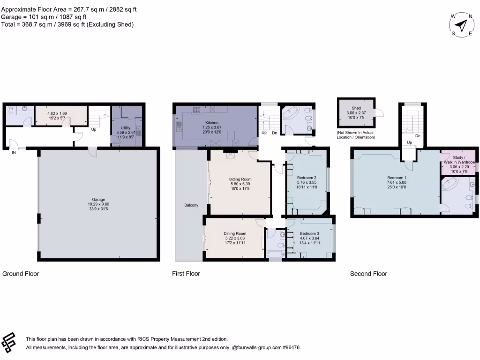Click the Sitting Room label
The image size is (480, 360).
[240, 179]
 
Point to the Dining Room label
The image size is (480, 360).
[235, 233]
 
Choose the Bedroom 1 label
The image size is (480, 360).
[397, 178]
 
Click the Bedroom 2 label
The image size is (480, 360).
[307, 178]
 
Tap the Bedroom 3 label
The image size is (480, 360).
[309, 233]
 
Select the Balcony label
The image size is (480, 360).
[191, 205]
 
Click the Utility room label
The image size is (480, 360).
[125, 127]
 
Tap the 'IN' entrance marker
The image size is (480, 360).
[13, 152]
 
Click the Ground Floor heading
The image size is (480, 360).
[21, 274]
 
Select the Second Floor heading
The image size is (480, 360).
[368, 274]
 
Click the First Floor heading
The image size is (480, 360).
[186, 274]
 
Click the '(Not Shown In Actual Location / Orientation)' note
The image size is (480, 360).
[356, 135]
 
